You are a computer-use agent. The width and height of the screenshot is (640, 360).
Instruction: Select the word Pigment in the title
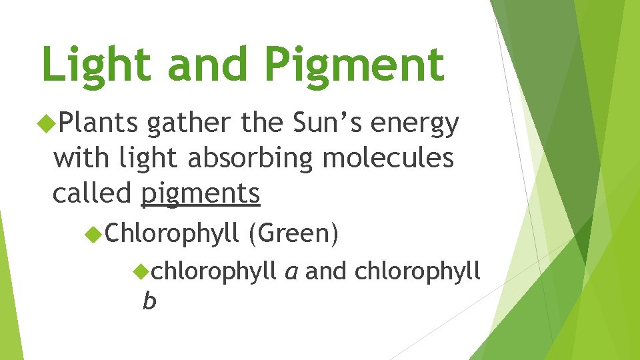click(353, 65)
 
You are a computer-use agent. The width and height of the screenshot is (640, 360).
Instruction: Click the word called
click(93, 193)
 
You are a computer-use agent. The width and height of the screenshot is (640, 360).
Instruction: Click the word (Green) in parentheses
click(294, 234)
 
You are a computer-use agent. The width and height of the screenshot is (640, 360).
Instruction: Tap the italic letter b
click(149, 301)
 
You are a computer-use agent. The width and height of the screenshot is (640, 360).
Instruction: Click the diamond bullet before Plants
click(47, 122)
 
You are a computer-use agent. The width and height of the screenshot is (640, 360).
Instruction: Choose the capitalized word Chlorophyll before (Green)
click(172, 234)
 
